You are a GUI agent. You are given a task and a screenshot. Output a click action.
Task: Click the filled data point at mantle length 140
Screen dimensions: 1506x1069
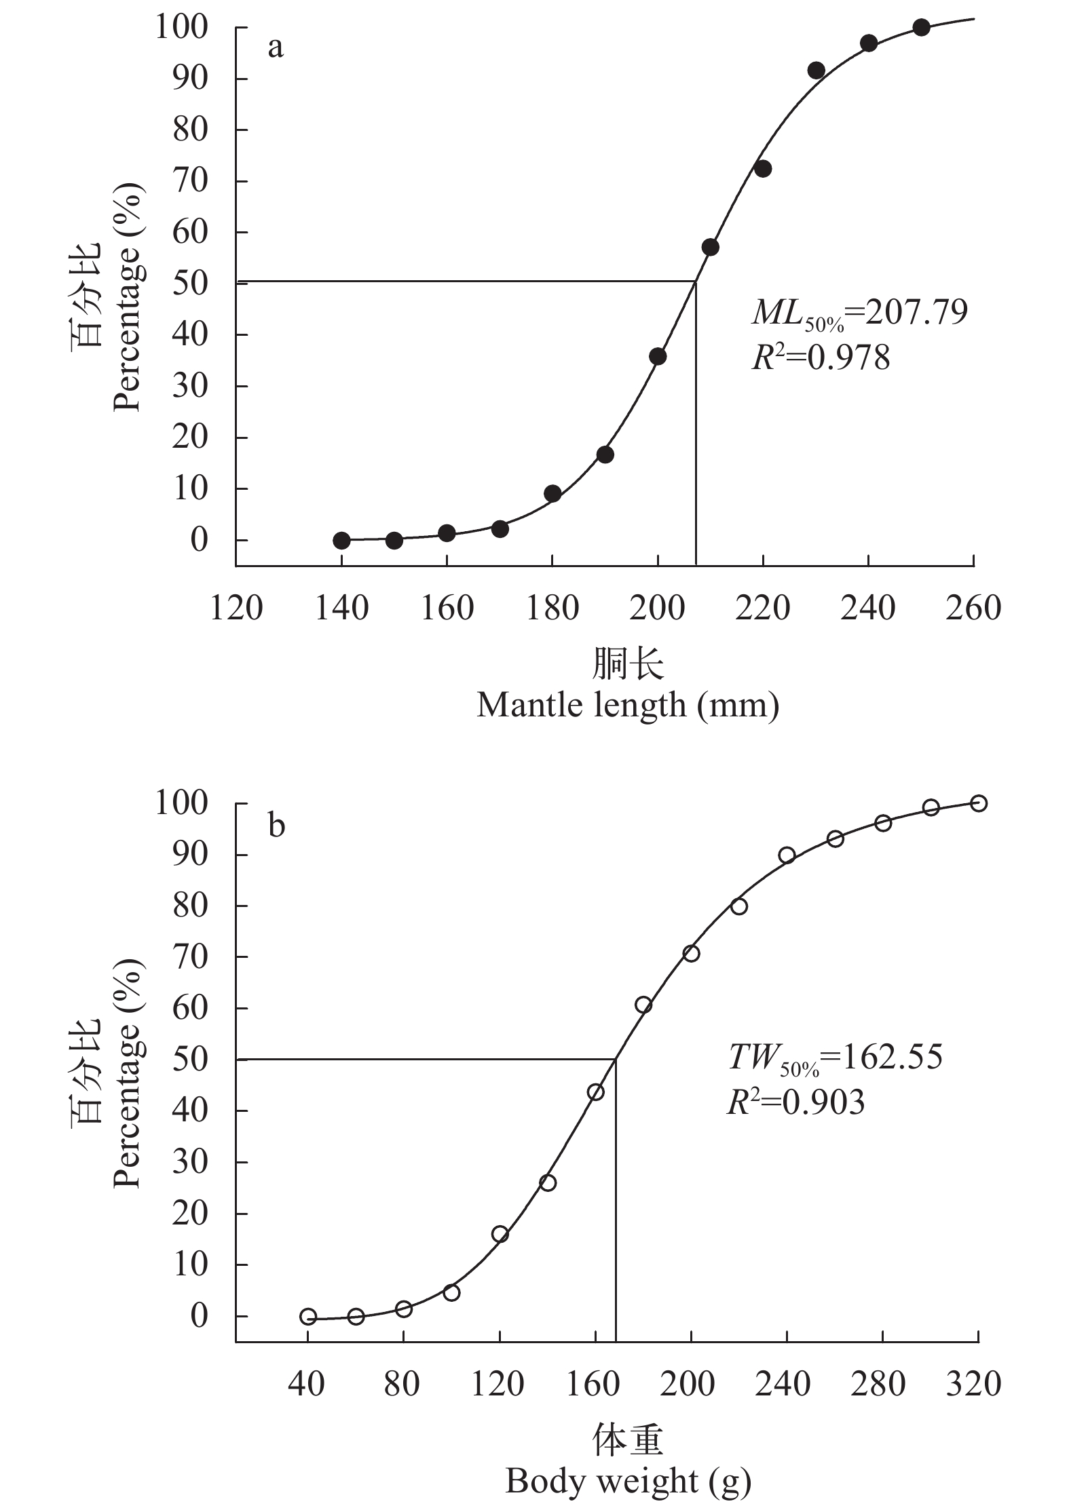(341, 540)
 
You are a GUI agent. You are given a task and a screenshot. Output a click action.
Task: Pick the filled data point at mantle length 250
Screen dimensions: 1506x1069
(921, 28)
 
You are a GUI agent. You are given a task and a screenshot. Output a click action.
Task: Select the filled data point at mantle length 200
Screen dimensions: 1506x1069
(658, 357)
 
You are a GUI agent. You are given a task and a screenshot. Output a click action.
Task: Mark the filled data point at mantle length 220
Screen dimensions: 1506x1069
(763, 169)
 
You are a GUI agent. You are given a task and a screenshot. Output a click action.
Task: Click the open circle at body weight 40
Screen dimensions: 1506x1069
(308, 1317)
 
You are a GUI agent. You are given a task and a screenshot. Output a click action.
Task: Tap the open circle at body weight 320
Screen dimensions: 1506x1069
(978, 803)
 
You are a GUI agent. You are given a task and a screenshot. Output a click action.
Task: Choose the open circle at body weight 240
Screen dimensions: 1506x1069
(787, 855)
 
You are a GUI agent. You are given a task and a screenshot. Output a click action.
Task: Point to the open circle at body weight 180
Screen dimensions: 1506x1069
(643, 1005)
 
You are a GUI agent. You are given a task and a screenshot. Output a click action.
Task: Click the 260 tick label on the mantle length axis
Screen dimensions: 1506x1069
(974, 609)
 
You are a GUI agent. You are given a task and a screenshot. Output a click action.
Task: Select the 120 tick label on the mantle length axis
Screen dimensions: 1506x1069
(236, 609)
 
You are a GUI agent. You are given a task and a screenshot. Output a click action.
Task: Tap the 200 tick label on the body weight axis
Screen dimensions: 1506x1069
(688, 1384)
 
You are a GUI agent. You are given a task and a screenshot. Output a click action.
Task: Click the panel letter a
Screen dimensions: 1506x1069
(276, 47)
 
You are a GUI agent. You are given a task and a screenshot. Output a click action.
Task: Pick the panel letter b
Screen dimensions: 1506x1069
(276, 826)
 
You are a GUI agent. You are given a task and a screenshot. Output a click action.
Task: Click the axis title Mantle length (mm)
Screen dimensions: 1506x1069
(627, 706)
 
